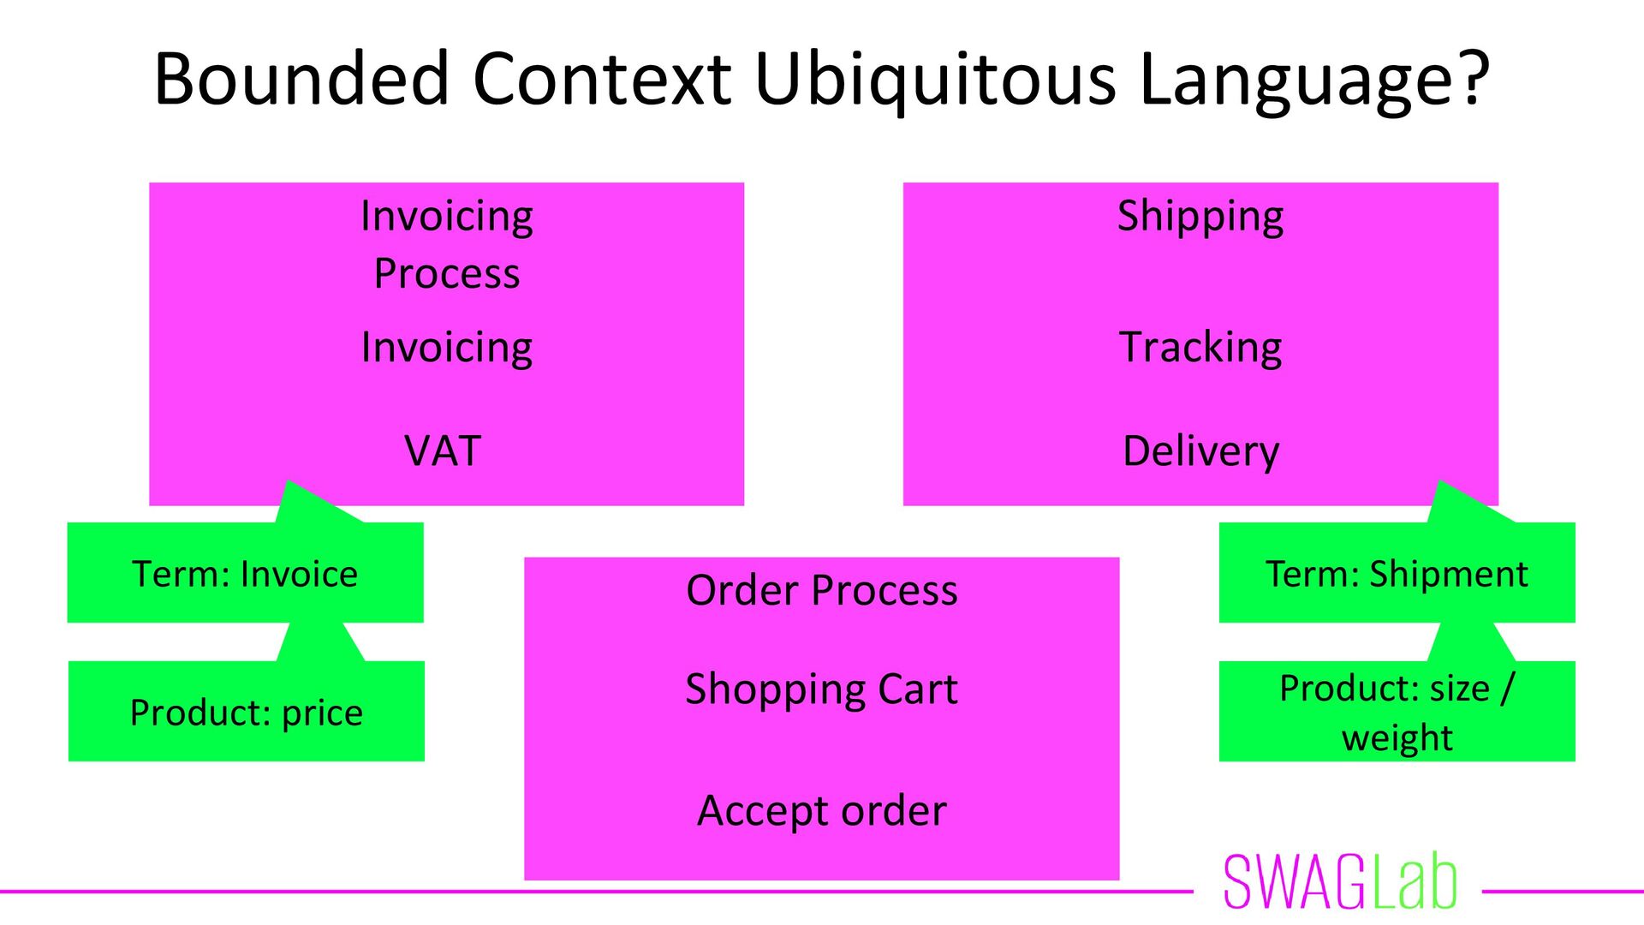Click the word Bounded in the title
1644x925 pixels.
pyautogui.click(x=301, y=79)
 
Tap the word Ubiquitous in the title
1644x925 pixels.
pyautogui.click(x=935, y=79)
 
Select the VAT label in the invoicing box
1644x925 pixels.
pyautogui.click(x=443, y=451)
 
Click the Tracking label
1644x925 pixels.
pyautogui.click(x=1200, y=348)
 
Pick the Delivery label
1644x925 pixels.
pyautogui.click(x=1200, y=451)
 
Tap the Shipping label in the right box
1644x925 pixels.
pyautogui.click(x=1200, y=216)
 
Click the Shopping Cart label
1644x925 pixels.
pyautogui.click(x=821, y=689)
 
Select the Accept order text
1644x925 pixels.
pyautogui.click(x=821, y=811)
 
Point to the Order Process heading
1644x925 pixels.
pyautogui.click(x=821, y=590)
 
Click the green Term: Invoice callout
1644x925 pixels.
pyautogui.click(x=245, y=573)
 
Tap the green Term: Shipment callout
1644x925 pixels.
pyautogui.click(x=1397, y=573)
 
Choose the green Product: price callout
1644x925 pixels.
pyautogui.click(x=246, y=712)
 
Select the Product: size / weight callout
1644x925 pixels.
pyautogui.click(x=1397, y=712)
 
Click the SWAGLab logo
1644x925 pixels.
pyautogui.click(x=1340, y=882)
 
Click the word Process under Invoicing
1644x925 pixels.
pyautogui.click(x=446, y=274)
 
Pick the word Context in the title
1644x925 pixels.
pyautogui.click(x=602, y=79)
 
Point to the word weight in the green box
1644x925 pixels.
pyautogui.click(x=1397, y=737)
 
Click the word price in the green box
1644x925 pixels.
pyautogui.click(x=322, y=713)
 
